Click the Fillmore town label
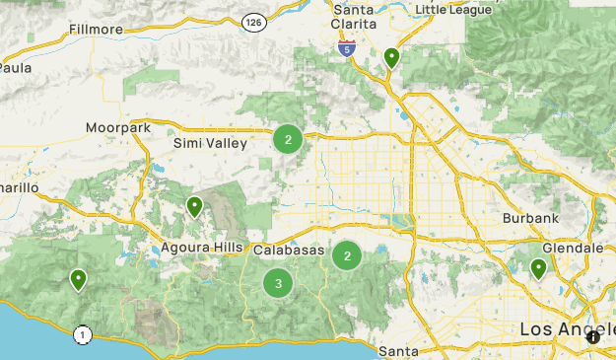96,30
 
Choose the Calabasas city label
289,251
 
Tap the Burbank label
530,217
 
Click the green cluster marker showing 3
279,284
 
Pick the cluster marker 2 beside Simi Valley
288,139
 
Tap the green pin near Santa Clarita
391,58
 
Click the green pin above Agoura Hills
195,207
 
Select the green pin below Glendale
538,268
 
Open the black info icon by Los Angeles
593,336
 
